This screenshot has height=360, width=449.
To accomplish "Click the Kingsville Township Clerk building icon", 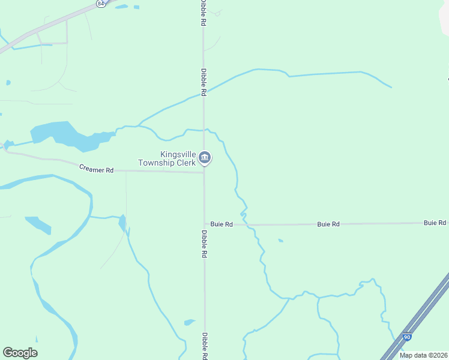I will coord(205,158).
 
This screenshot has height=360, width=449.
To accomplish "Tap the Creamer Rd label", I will coord(96,170).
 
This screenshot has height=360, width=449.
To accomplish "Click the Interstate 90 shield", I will coord(408,338).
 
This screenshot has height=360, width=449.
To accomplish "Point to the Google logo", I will coord(20,353).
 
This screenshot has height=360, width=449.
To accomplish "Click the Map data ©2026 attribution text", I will coord(423,355).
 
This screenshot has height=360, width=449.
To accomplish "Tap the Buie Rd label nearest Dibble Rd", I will coord(221,224).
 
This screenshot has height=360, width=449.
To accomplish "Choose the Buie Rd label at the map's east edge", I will coord(435,223).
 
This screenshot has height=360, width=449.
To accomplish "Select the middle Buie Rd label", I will coord(328,224).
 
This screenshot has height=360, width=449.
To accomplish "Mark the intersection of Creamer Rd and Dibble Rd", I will coord(204,173).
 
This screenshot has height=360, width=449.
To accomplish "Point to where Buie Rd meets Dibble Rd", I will coord(205,225).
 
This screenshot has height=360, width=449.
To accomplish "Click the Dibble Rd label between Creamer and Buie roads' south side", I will coord(205,244).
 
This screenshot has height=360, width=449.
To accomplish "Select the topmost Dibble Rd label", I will coord(203,12).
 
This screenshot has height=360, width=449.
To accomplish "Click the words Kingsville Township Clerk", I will coord(167,158).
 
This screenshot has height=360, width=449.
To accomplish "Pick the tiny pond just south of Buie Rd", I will coord(280,241).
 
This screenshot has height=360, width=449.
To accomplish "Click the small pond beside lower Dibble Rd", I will coord(190,322).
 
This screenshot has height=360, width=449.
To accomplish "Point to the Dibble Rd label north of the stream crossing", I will coord(203,82).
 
